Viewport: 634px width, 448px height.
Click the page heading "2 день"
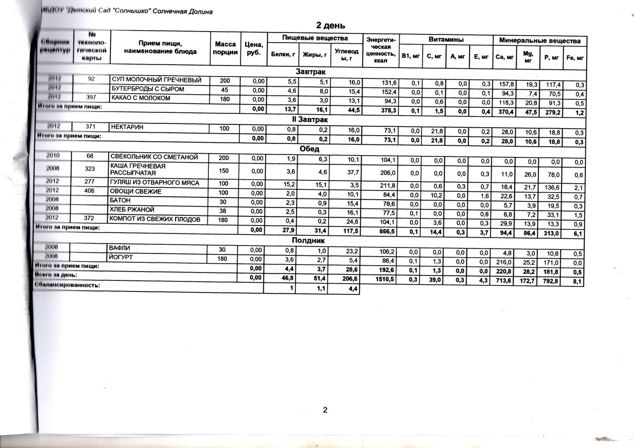330,25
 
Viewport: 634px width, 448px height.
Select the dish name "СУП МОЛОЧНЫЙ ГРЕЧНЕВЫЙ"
156,80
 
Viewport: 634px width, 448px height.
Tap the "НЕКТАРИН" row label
127,127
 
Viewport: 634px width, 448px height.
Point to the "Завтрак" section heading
311,72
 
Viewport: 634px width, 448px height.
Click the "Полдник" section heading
308,240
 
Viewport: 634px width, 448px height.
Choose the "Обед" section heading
309,149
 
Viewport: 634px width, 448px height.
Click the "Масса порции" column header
225,48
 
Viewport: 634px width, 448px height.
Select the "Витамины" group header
446,40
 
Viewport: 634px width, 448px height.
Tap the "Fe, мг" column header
575,58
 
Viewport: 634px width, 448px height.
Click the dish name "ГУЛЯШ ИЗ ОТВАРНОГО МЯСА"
155,183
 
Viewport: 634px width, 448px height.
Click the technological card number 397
91,98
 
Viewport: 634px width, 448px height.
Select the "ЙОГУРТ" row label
121,257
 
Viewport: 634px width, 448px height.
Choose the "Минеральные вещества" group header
539,41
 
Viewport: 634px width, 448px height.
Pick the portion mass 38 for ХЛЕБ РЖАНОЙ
223,211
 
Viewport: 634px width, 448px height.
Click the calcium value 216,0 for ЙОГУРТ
504,262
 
